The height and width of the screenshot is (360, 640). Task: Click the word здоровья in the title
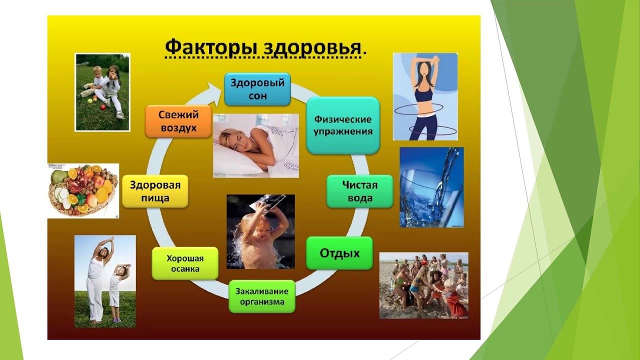(312, 48)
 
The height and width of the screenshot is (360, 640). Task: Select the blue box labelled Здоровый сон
(257, 89)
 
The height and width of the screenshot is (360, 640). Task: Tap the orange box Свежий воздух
(178, 121)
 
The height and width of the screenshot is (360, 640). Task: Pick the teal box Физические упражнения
(343, 125)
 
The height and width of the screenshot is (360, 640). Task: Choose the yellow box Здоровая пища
(155, 191)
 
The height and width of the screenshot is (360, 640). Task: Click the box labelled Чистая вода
(359, 191)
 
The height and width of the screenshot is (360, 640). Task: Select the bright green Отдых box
(339, 253)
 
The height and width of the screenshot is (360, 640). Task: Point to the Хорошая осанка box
(185, 263)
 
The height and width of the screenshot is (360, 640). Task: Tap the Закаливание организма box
(262, 296)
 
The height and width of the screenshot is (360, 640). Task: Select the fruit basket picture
(83, 190)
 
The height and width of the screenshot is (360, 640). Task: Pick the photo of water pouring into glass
(431, 187)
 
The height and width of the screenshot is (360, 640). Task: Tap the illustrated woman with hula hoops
(425, 96)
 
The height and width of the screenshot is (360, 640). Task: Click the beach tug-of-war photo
(423, 285)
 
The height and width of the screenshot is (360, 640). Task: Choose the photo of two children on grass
(102, 92)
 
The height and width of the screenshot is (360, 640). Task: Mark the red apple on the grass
(103, 107)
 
